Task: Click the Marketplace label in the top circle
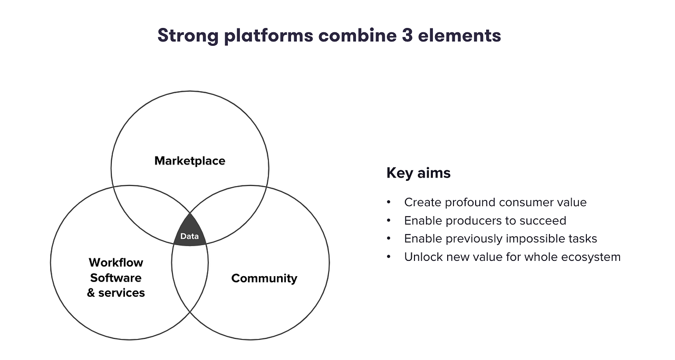[190, 161]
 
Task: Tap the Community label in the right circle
[264, 278]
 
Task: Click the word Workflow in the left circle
[116, 262]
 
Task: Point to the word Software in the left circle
[116, 278]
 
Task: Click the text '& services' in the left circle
[116, 293]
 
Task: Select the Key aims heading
[418, 173]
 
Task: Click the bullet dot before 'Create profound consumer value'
[389, 202]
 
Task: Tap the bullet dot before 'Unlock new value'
[389, 257]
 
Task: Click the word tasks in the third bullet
[583, 239]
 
